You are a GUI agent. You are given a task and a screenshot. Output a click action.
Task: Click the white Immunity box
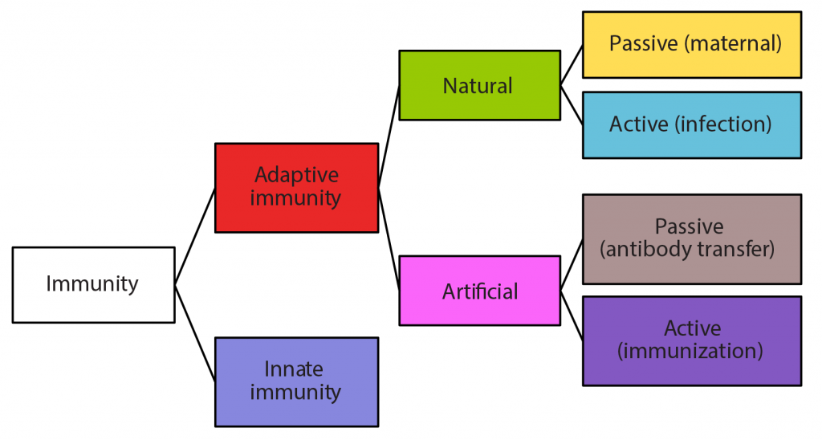[x=93, y=284]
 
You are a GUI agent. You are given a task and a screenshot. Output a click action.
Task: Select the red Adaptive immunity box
[x=296, y=187]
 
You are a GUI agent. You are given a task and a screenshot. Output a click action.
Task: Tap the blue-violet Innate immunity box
[x=296, y=381]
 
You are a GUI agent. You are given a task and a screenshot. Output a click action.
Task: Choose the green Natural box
[x=479, y=85]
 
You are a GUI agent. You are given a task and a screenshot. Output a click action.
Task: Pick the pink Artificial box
[x=479, y=290]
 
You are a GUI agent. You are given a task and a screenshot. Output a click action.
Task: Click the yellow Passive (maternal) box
[x=691, y=44]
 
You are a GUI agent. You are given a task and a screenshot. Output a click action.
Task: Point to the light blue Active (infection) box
[x=691, y=124]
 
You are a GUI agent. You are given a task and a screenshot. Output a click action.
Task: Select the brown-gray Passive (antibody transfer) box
[x=691, y=238]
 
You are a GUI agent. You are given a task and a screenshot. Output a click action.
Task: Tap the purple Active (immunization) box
[x=691, y=340]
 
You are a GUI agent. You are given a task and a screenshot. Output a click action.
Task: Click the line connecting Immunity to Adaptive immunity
[x=195, y=236]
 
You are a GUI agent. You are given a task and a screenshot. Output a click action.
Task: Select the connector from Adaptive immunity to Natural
[x=389, y=136]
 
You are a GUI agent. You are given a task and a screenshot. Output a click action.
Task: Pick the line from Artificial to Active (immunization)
[x=572, y=310]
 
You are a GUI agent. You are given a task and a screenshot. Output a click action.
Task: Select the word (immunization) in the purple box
[x=692, y=351]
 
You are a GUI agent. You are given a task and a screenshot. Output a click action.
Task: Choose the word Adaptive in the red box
[x=296, y=175]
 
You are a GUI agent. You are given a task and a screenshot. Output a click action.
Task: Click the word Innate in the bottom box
[x=294, y=369]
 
